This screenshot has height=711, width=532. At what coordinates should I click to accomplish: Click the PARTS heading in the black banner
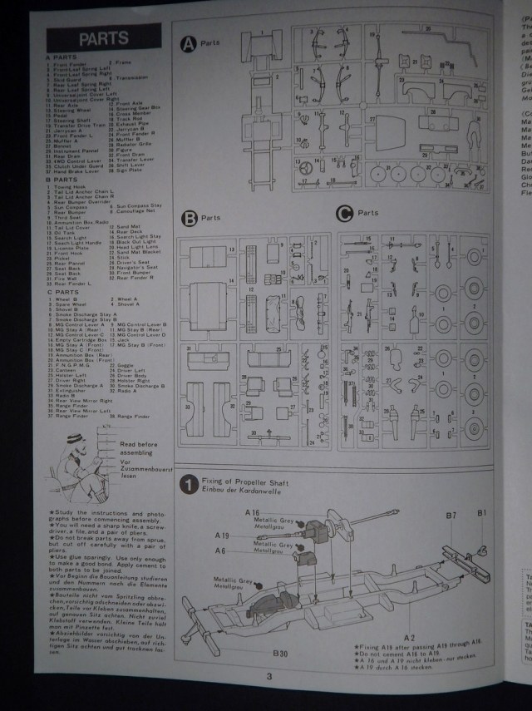[103, 38]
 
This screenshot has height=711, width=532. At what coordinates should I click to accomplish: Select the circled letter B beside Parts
[190, 219]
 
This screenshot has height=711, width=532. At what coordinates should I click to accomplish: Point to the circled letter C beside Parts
[343, 213]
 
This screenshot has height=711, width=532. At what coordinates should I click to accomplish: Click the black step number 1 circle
[190, 484]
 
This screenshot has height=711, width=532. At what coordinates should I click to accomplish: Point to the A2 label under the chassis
[409, 614]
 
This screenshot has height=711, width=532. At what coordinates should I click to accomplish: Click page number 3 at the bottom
[269, 675]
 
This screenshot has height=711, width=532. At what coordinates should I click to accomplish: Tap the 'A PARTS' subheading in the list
[62, 57]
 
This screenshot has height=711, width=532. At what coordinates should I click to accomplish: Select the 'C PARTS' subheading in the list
[62, 292]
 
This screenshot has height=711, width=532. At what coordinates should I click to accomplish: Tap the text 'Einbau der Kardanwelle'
[241, 489]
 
